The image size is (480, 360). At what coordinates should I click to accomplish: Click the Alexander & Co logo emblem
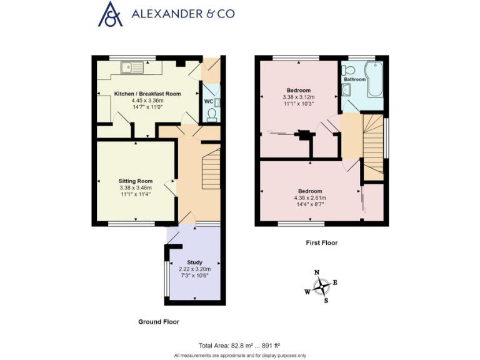click(111, 14)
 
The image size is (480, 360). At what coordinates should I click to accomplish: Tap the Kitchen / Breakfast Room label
click(147, 94)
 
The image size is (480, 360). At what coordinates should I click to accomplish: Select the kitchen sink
click(133, 64)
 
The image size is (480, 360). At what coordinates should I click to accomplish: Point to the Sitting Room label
click(136, 181)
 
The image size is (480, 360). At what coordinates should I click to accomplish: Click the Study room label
click(195, 262)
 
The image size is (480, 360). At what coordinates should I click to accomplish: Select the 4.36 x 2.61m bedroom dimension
click(310, 198)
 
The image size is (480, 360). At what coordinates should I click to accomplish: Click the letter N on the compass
click(317, 272)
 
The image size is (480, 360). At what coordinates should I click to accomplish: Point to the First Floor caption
click(321, 242)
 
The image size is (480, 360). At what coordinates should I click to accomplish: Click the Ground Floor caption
click(159, 322)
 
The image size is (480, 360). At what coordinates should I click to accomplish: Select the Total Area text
click(239, 345)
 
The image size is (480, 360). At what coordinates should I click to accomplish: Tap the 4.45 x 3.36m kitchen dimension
click(147, 101)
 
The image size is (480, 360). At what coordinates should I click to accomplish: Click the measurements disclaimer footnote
click(239, 355)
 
